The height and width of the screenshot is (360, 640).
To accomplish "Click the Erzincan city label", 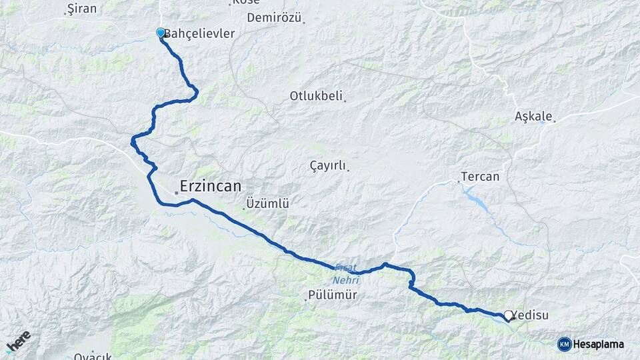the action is coord(211,186).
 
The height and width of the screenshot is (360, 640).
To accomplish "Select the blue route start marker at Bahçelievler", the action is coord(161,32).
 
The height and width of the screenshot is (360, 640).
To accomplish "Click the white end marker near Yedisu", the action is coord(509,315).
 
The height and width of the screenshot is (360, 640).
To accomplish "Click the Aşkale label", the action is coord(533,117).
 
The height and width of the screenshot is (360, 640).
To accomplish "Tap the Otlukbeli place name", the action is coord(315,96).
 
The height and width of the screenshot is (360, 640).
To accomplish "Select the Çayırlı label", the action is coord(328,165).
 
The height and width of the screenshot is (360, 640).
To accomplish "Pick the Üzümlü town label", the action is coord(267,203).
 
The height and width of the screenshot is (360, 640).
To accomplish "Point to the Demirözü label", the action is coord(275,18).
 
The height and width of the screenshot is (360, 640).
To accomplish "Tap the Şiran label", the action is coord(82,9).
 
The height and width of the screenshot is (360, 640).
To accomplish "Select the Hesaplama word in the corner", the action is coord(598,344).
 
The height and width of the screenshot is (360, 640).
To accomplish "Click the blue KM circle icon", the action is coord(564,344).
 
